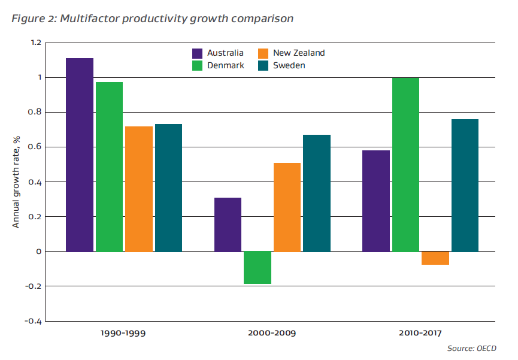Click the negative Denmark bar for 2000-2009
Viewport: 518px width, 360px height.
point(258,267)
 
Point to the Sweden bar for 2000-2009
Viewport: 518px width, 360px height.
point(317,193)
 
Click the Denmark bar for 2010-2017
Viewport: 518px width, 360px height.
point(405,164)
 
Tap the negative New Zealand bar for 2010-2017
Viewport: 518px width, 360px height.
point(435,258)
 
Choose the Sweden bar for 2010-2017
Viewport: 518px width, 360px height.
point(465,185)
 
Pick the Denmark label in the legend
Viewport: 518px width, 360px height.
point(226,65)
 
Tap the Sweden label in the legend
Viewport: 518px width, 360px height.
point(289,65)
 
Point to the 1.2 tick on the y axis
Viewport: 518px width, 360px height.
point(35,43)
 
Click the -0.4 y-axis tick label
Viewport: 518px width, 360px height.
point(33,321)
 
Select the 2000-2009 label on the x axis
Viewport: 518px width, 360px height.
point(272,332)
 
